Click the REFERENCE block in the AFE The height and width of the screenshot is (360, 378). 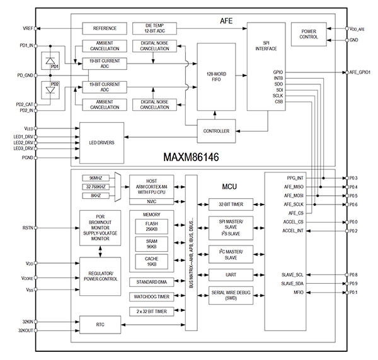point(105,28)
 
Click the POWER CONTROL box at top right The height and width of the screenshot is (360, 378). point(309,35)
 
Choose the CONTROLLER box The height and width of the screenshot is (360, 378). point(215,131)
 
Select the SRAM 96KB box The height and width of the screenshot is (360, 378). point(152,244)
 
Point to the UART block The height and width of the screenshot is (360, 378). point(230,274)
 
